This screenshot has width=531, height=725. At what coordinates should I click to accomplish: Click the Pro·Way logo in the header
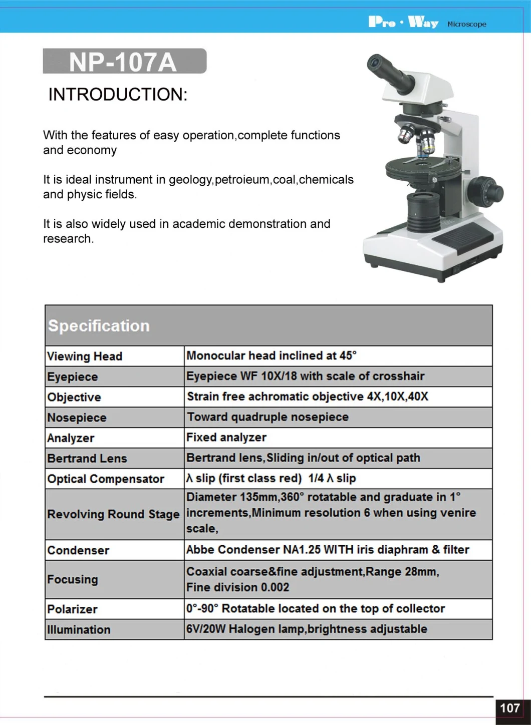click(x=403, y=23)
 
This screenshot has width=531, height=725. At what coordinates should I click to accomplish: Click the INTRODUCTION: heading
click(x=118, y=94)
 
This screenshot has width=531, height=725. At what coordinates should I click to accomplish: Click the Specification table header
click(x=99, y=326)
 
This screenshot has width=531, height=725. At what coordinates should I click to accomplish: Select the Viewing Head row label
click(x=85, y=356)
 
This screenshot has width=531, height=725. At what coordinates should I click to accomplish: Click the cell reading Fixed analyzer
click(x=226, y=438)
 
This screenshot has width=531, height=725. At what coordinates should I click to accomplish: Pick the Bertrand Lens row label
click(x=87, y=458)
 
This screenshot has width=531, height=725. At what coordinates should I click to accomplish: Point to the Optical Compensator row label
click(x=106, y=479)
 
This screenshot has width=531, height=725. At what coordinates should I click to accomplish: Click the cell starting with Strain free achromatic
click(x=308, y=397)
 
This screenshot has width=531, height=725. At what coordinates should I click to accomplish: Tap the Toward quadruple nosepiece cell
click(x=268, y=417)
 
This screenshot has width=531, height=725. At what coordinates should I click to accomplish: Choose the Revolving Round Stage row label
click(x=113, y=514)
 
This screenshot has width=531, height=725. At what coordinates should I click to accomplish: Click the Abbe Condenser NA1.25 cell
click(x=328, y=550)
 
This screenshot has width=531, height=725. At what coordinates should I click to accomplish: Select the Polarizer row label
click(x=73, y=609)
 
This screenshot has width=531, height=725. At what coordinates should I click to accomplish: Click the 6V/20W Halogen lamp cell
click(x=307, y=629)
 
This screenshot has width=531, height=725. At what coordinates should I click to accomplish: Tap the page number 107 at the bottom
click(x=510, y=708)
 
